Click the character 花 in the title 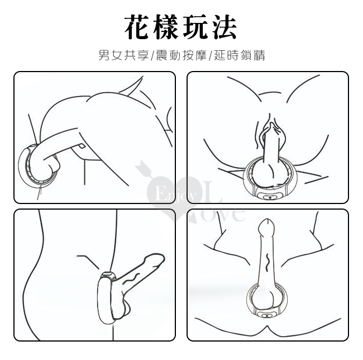point(137,27)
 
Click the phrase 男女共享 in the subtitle point(123,55)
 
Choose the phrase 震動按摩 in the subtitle point(181,55)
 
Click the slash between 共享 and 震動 point(152,55)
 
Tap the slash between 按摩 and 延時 point(211,55)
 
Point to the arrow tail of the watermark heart point(141,166)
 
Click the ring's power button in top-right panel point(269,197)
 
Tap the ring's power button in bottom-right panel point(266,315)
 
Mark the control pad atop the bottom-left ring point(108,274)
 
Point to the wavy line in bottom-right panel point(268,262)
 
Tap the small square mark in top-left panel point(82,146)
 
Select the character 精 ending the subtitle point(259,55)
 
